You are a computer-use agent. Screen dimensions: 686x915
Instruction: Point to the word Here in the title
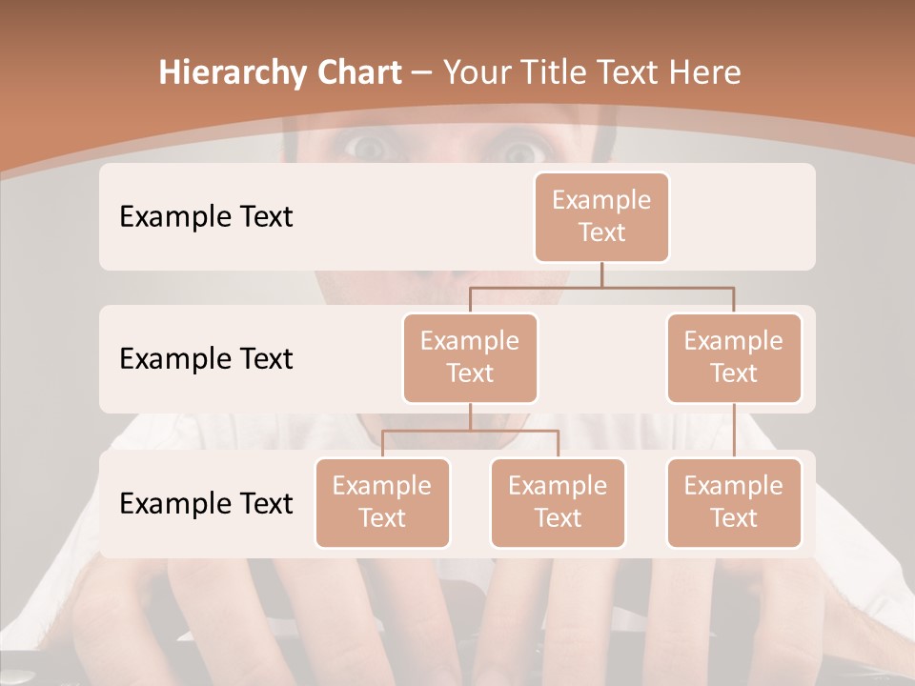[705, 72]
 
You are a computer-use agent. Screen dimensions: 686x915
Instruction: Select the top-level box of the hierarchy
[601, 217]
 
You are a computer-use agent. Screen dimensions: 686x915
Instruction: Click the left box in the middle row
[470, 358]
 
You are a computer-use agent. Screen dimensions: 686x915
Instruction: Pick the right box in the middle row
[734, 358]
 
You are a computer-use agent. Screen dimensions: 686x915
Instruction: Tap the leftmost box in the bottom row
[382, 503]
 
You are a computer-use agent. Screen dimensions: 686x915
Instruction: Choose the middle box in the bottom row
[558, 503]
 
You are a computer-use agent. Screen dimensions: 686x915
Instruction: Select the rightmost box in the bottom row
[734, 503]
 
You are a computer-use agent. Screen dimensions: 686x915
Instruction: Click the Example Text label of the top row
[206, 217]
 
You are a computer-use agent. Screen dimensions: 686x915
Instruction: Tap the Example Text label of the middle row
[206, 359]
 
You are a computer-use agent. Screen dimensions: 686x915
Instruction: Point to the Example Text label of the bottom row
[206, 503]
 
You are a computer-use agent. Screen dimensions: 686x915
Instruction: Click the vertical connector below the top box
[601, 274]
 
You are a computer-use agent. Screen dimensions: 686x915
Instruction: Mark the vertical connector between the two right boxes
[734, 431]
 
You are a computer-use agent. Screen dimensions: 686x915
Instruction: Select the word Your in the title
[478, 72]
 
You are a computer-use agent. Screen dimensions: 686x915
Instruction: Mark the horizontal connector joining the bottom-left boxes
[470, 431]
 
